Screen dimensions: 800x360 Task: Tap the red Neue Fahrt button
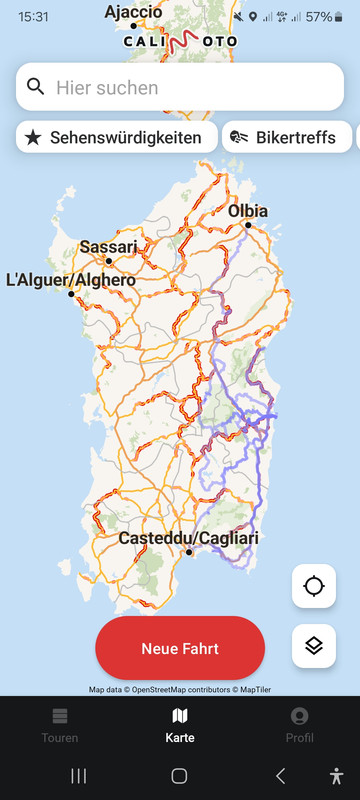coord(180,648)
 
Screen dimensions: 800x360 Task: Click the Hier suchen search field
coord(190,87)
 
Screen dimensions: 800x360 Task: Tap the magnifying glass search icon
coord(36,87)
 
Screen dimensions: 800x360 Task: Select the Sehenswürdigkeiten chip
coord(116,137)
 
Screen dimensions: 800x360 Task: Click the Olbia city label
coord(248,211)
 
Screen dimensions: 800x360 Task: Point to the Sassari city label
coord(108,247)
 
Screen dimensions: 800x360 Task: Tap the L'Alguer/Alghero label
coord(70,281)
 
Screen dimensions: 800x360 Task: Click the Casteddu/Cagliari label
coord(188,539)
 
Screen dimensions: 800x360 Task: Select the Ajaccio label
coord(133,12)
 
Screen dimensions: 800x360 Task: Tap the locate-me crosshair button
coord(314,586)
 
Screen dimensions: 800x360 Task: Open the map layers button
coord(314,646)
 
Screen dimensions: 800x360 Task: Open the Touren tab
coord(60,725)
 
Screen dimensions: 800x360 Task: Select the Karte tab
coord(180,725)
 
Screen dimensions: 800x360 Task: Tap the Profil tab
coord(299,725)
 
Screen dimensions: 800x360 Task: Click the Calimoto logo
coord(181,42)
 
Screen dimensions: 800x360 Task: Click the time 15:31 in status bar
coord(33,17)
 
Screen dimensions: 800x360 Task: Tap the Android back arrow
coord(281,775)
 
